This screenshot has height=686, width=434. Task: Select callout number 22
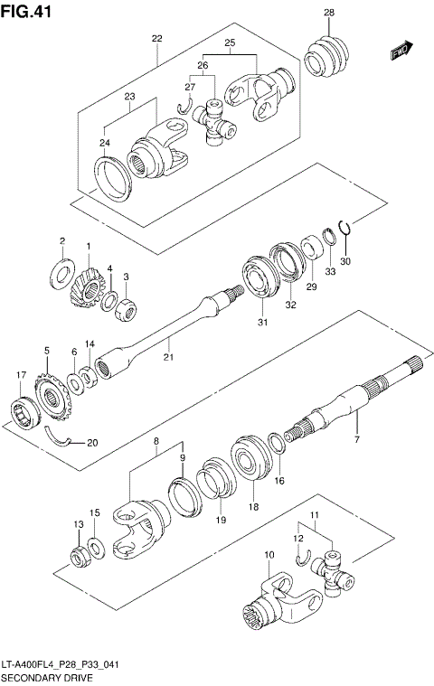156,39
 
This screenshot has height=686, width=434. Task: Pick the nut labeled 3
127,308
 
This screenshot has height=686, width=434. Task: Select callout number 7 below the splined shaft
357,439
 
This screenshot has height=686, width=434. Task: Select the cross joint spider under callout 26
216,124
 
